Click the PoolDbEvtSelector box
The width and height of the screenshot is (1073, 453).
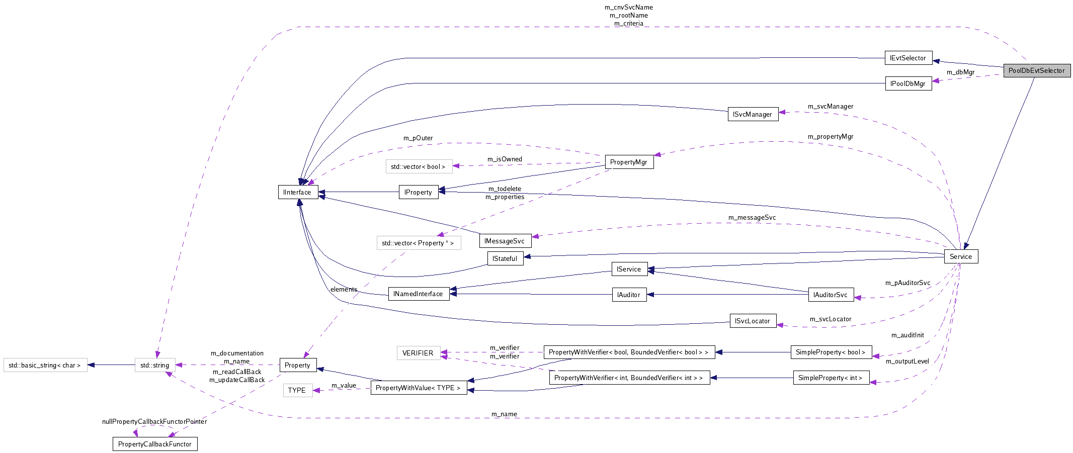[x=1036, y=71]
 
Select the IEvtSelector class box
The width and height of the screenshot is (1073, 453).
[x=908, y=58]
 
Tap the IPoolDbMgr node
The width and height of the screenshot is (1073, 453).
[x=908, y=83]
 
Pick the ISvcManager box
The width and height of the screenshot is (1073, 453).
[x=753, y=114]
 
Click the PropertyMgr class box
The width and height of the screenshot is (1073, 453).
[x=628, y=162]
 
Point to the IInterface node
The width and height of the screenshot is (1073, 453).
[x=297, y=192]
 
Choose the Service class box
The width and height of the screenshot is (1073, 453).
[x=961, y=256]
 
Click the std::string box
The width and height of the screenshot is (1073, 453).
[x=155, y=365]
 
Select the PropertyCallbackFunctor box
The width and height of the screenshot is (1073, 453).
[x=155, y=444]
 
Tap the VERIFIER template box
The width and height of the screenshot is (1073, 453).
[x=418, y=353]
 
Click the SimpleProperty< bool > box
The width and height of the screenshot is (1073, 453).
[x=831, y=352]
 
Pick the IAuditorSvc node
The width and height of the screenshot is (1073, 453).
[x=831, y=295]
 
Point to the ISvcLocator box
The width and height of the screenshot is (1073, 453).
[x=753, y=321]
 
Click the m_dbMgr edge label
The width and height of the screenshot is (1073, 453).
[x=960, y=72]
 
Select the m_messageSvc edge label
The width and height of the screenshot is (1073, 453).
[x=752, y=218]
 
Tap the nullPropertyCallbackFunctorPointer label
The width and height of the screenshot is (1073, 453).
[x=154, y=421]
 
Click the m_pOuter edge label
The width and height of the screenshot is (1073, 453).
[x=418, y=138]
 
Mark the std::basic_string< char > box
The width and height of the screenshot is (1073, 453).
[x=45, y=365]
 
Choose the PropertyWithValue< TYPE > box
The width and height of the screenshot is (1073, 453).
[x=419, y=388]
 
